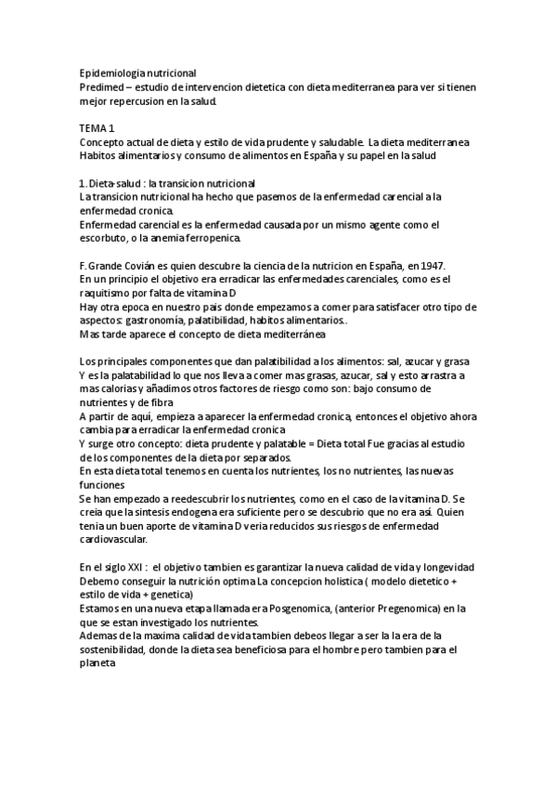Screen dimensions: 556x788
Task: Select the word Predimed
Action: point(101,86)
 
